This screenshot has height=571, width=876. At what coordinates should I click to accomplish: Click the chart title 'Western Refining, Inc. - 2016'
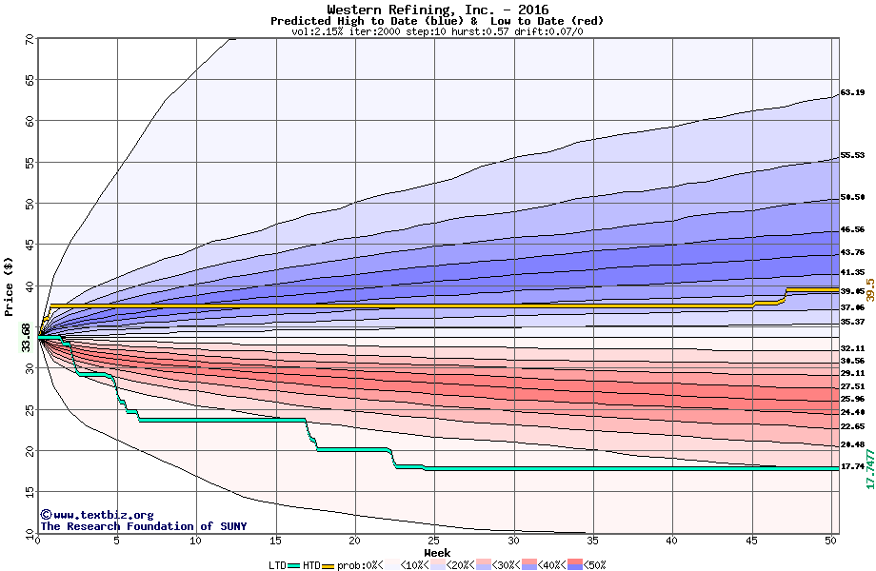click(437, 10)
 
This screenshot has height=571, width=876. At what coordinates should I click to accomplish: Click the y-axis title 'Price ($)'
click(10, 285)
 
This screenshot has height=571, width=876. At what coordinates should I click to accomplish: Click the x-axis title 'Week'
click(437, 553)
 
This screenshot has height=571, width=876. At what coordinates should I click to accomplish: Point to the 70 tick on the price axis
click(30, 39)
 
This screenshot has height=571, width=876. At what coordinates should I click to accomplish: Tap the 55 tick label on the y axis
click(30, 163)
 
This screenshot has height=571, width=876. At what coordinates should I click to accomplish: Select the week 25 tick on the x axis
click(434, 541)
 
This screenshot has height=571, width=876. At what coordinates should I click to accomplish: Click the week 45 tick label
click(751, 541)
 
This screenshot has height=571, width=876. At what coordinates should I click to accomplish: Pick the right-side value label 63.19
click(852, 93)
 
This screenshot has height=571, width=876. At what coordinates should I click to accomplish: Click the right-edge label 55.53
click(852, 156)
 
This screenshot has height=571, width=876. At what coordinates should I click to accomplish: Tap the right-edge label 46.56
click(852, 230)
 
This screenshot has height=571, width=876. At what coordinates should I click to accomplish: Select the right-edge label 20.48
click(852, 445)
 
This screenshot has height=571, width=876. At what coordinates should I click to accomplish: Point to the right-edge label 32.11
click(852, 349)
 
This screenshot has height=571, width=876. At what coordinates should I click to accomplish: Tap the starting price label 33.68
click(26, 338)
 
